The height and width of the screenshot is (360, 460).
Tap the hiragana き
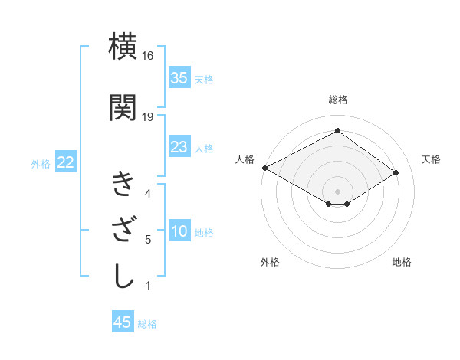point(124,185)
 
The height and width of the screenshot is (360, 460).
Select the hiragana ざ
point(124,231)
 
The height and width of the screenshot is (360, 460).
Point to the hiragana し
point(124,277)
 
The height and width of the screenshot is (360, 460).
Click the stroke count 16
point(148,57)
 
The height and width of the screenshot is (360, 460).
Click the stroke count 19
point(148,116)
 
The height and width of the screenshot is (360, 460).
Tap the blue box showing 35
point(179,78)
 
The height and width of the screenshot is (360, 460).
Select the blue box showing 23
point(179,147)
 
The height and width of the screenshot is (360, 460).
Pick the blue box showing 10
point(179,232)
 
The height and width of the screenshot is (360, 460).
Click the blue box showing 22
point(65,162)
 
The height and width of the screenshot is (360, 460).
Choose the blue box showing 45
point(123,322)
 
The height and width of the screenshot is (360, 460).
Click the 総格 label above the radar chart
point(337,100)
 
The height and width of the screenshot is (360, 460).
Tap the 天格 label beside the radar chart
point(432,159)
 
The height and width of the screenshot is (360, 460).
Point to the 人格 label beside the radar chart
point(245,159)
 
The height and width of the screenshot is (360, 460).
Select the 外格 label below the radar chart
point(270,262)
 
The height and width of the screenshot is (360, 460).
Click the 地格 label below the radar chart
point(402,262)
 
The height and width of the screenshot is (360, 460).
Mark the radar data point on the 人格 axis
point(264,167)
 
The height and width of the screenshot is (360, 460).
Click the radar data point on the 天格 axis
point(396,174)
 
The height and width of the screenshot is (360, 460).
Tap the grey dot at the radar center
point(337,190)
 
